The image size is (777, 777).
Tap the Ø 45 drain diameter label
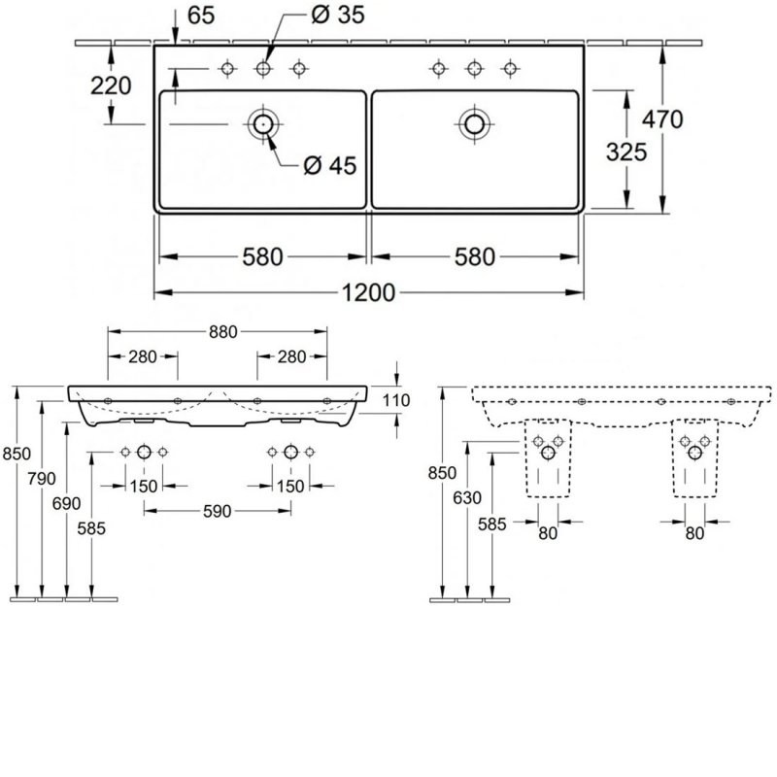coord(329,165)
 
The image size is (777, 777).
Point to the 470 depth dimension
coord(663,118)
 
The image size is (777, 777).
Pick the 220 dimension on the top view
coord(111,85)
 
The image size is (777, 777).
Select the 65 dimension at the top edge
coord(200,17)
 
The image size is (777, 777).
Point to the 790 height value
coord(43,479)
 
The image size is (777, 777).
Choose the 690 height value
coord(67,504)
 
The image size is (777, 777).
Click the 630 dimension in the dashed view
coord(468,498)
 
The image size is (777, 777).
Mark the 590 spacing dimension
coord(217,512)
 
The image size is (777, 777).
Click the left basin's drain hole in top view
coord(262,123)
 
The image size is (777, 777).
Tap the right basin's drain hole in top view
coord(474,123)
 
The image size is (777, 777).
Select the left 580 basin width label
coord(263,257)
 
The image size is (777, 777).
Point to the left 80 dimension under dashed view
coord(548,532)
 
